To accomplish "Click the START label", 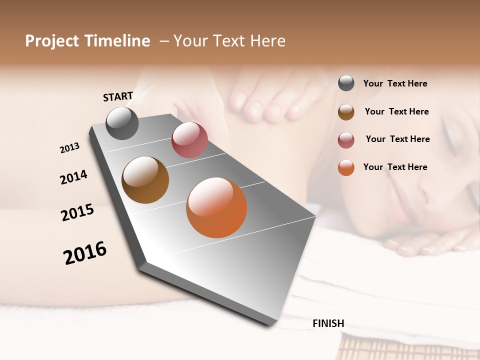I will [x=118, y=96].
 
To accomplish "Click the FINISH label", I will [x=328, y=323].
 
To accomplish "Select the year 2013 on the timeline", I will [x=69, y=148].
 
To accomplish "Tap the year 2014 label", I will [x=73, y=177].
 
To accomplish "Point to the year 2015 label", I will [x=77, y=212].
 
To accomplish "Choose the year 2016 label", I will [x=85, y=252].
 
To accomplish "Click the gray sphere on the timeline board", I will [x=122, y=123].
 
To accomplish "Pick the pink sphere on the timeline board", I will [x=189, y=140].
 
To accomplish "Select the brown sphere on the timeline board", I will [x=145, y=180].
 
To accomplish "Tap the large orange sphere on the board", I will [x=216, y=207].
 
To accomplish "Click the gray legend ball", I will [x=346, y=83].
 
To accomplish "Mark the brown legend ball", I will [x=346, y=112].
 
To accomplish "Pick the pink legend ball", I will [x=346, y=140].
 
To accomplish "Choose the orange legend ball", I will [x=346, y=167].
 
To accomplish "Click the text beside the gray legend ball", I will [x=395, y=83].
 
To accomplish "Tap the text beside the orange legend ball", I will [x=395, y=167].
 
